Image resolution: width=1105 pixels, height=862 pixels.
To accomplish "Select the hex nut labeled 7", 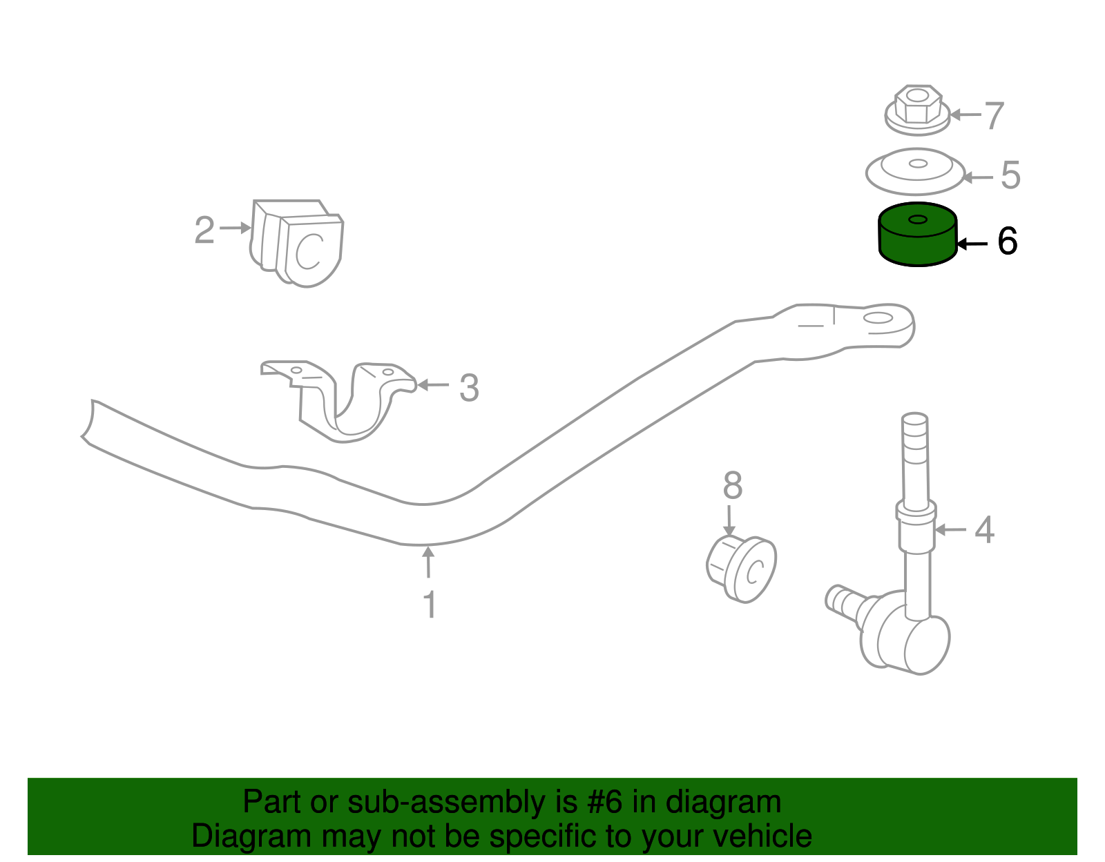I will pos(916,110).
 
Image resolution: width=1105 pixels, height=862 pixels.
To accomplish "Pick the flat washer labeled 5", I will pos(916,171).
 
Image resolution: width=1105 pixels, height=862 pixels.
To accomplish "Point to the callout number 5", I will pos(1010,175).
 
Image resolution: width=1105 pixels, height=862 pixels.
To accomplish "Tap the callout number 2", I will pos(204,230).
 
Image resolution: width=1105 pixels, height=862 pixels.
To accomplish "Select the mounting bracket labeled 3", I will pos(338,400).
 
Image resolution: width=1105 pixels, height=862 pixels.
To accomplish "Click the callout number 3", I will pos(469,388).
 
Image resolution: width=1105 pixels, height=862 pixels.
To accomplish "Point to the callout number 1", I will pos(430,605).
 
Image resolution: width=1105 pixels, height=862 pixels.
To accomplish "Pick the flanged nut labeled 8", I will pos(742,568).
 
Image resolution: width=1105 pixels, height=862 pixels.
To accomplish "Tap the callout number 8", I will pos(732,486).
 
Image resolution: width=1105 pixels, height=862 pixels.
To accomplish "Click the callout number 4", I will pos(984,531).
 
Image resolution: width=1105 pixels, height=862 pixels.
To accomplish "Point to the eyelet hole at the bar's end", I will pos(879,317).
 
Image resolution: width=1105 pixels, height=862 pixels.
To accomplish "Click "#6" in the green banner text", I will pos(606,802).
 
